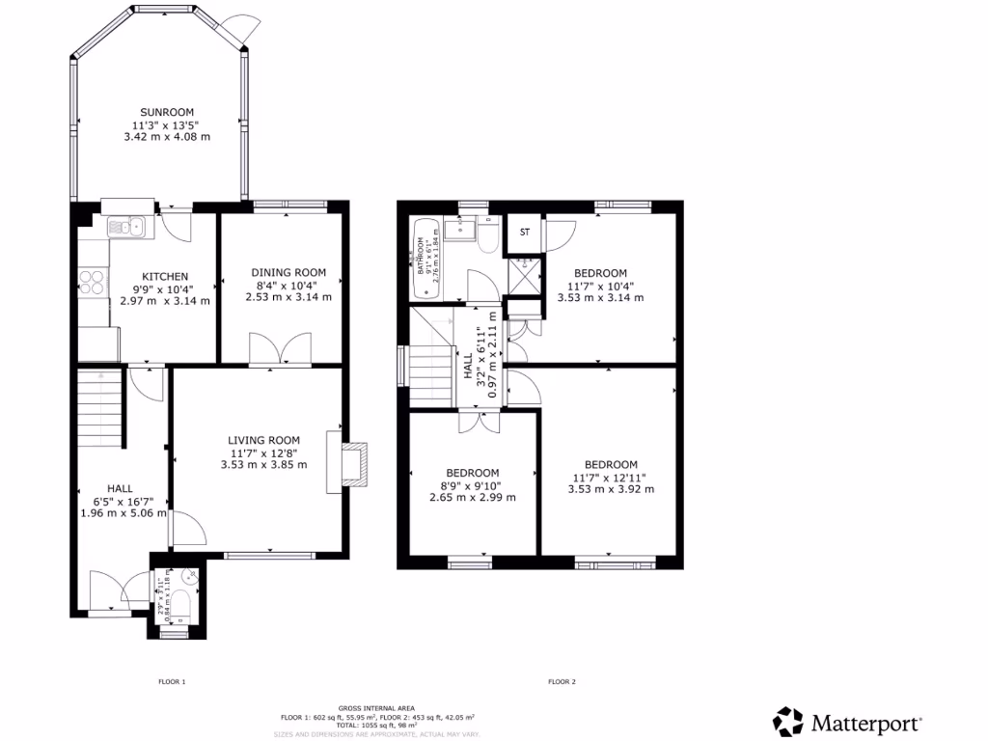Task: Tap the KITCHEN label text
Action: [x=165, y=276]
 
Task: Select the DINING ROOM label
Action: [x=288, y=273]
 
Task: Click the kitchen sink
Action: [x=125, y=228]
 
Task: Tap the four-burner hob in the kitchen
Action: [x=93, y=281]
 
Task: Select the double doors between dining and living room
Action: [x=280, y=349]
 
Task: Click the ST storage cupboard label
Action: [x=525, y=233]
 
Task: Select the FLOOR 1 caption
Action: [x=172, y=682]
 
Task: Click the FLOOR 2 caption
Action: [x=562, y=682]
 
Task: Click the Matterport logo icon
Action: [x=788, y=722]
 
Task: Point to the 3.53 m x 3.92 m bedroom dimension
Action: [x=611, y=489]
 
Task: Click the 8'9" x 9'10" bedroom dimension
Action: [x=472, y=485]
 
